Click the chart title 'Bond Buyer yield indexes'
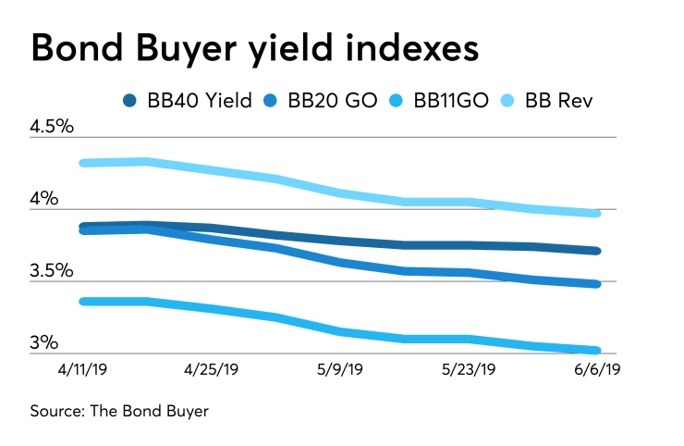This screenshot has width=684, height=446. tap(254, 48)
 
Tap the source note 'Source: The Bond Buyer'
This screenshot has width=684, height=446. tap(119, 411)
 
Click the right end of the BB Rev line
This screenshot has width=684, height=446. tap(597, 214)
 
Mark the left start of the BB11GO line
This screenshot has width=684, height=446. tap(85, 301)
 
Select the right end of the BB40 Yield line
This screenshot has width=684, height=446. tap(597, 251)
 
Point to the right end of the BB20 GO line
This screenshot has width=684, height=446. tap(597, 284)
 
